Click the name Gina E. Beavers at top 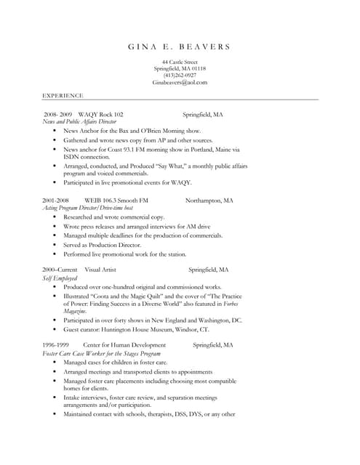180,47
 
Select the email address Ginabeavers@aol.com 180,83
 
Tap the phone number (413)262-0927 180,76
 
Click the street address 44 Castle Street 180,62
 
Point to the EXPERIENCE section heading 63,95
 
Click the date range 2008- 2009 57,115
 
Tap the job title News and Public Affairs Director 79,122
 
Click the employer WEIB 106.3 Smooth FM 116,200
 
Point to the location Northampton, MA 209,200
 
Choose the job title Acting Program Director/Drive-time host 87,208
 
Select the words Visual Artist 100,270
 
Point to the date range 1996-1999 55,345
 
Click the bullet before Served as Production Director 55,245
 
